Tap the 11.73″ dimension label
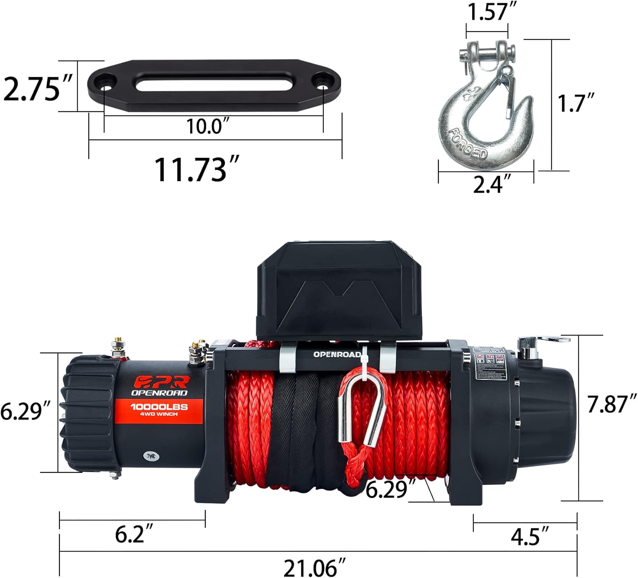point(196,169)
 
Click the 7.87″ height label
point(612,404)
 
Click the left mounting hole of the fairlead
point(105,81)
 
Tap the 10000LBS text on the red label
point(159,407)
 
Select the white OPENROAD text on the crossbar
point(337,354)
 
